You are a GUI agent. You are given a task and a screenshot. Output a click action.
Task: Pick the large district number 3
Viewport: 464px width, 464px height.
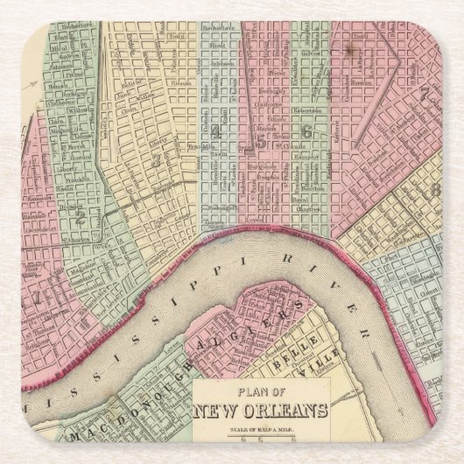(156, 161)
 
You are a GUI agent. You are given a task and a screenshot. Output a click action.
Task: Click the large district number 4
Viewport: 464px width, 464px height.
(214, 131)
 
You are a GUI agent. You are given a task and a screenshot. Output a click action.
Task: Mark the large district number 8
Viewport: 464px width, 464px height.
(432, 190)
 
